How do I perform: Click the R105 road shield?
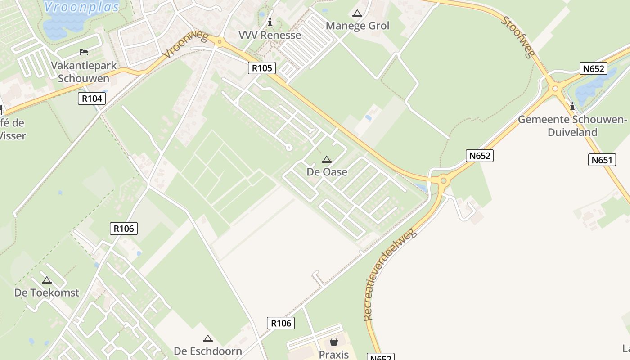(262, 68)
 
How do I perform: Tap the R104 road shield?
(92, 99)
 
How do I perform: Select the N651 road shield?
(602, 160)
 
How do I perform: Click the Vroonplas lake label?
(82, 7)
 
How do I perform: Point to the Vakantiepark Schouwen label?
(84, 72)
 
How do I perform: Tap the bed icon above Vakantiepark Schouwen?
(84, 52)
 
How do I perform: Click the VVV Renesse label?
(270, 35)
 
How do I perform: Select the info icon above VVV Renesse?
(270, 22)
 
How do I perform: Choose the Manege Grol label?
(357, 26)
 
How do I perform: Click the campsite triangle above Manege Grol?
(357, 13)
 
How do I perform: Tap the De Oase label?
(327, 172)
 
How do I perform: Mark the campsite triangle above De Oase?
(327, 159)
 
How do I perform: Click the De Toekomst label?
(47, 292)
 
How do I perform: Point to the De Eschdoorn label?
(208, 351)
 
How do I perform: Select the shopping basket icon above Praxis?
(334, 342)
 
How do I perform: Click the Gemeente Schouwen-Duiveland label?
(572, 126)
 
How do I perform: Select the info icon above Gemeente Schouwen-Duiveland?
(572, 107)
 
